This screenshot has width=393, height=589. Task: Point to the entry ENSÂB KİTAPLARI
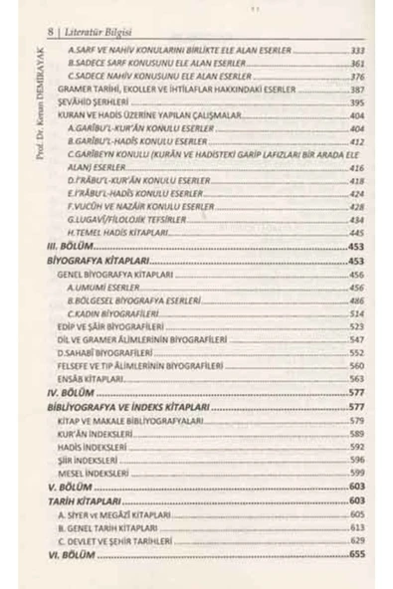coord(89,379)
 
